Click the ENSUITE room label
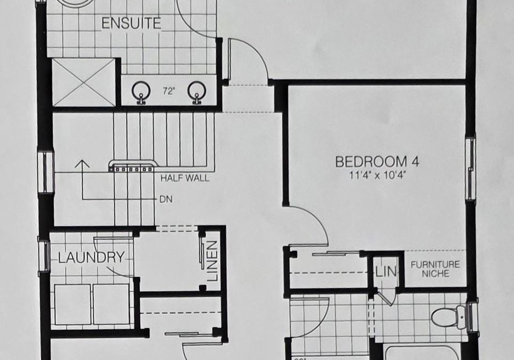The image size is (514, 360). [x=131, y=24]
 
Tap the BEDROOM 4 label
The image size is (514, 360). [x=377, y=162]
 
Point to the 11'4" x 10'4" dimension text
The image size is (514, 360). [x=377, y=175]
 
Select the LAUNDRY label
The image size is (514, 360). [x=92, y=257]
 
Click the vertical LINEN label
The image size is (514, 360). [x=213, y=261]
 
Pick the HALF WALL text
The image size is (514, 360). [x=185, y=178]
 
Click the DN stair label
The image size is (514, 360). [x=166, y=199]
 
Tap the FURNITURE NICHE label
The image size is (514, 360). [x=435, y=269]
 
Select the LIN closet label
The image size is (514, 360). [x=386, y=272]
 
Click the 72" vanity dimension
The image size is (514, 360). [x=168, y=92]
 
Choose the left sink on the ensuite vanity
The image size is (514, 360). [x=141, y=92]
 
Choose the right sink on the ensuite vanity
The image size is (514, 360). [x=196, y=92]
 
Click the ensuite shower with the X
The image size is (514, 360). [x=84, y=82]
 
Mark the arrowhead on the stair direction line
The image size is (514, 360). [x=82, y=163]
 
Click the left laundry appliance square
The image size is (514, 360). [x=72, y=305]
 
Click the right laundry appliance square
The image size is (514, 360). [x=111, y=305]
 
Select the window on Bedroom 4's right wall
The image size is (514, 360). [x=471, y=168]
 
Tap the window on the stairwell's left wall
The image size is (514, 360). [x=46, y=172]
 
